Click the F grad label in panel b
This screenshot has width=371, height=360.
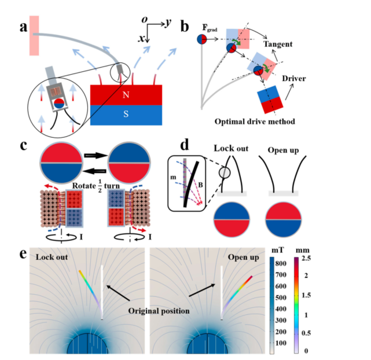209,27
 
